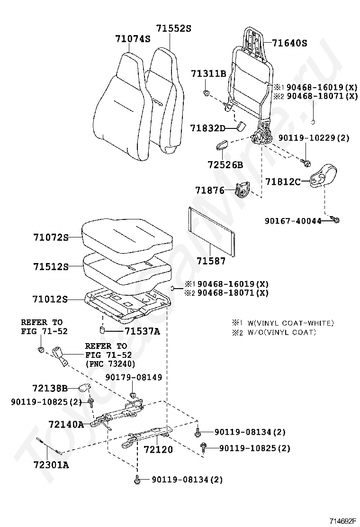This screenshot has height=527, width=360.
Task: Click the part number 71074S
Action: click(133, 39)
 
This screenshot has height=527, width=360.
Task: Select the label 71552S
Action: click(174, 28)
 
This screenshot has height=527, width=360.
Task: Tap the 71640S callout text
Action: click(289, 43)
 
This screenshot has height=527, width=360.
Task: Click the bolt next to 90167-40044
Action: click(336, 220)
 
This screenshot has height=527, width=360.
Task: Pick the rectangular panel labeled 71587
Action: click(211, 232)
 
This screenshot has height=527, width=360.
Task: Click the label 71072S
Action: click(51, 237)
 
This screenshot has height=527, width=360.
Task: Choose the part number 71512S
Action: click(51, 266)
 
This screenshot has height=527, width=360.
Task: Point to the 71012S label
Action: click(50, 299)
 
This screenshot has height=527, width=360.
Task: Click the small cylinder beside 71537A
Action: click(102, 330)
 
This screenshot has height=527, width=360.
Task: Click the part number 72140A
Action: click(66, 425)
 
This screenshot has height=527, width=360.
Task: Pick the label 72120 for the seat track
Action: click(158, 449)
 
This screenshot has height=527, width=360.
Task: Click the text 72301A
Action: click(51, 465)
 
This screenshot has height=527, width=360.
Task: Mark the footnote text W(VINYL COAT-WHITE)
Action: click(290, 323)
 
